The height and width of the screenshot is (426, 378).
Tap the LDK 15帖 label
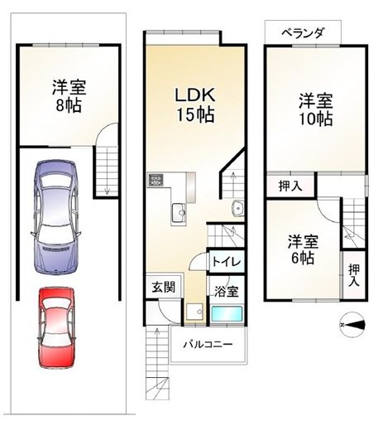(195, 104)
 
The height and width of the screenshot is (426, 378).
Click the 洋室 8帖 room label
(69, 96)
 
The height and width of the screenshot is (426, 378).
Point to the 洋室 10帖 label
(315, 109)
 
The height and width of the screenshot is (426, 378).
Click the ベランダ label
(295, 32)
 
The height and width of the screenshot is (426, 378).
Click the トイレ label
(225, 262)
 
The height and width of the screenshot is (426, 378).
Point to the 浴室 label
(226, 291)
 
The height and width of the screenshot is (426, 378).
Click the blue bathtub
(226, 316)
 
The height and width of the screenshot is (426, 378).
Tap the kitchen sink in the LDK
(178, 214)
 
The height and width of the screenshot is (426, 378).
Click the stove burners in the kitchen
(157, 182)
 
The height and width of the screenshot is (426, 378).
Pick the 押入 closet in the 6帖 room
(354, 274)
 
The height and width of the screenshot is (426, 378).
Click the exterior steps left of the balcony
(157, 356)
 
